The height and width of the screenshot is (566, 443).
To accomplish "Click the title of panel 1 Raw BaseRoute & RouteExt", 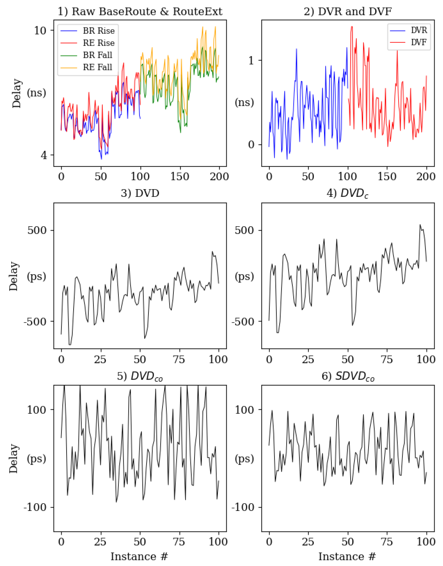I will (x=140, y=12).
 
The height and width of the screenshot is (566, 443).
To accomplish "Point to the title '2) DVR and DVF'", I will (x=348, y=12).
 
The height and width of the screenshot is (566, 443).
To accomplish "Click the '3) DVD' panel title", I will (x=140, y=193).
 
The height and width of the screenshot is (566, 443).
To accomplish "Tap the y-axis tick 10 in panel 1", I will (x=40, y=31).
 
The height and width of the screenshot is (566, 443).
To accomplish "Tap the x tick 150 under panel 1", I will (x=179, y=177).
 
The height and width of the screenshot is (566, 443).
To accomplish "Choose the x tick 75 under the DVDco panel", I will (x=179, y=542).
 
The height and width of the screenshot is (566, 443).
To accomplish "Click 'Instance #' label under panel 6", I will (x=347, y=557).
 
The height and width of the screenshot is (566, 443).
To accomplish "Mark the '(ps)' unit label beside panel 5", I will (x=36, y=459).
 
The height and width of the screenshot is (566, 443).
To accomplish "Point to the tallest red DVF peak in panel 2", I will (x=352, y=27).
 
